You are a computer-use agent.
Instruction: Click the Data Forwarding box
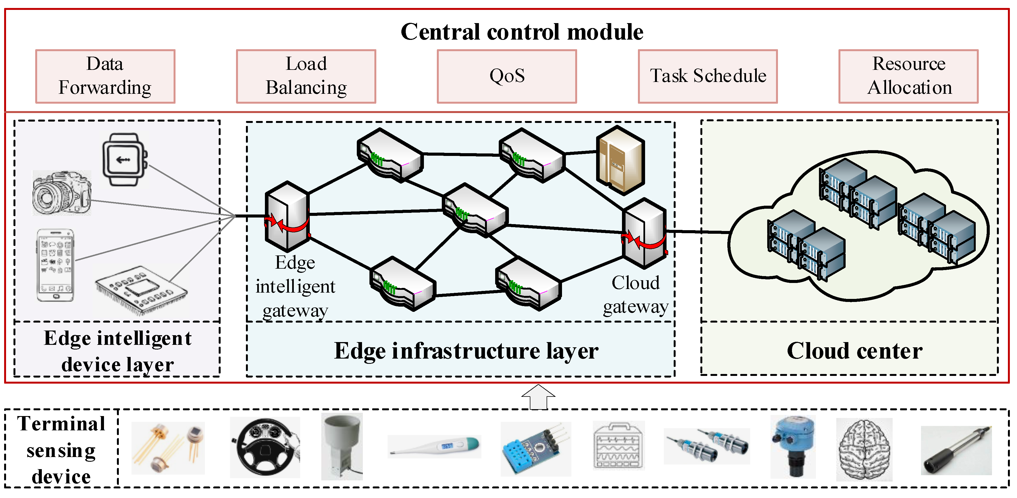coord(105,76)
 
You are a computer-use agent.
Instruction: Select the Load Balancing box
coord(306,76)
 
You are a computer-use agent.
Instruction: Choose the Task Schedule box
coord(708,76)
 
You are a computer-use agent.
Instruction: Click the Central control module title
coord(522,32)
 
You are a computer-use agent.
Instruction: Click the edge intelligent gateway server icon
coord(287,216)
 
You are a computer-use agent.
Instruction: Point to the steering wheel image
coord(265,447)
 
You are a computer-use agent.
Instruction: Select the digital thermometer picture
coord(434,446)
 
